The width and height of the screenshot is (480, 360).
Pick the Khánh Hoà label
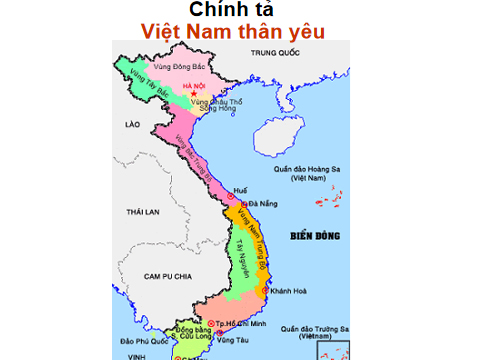293,290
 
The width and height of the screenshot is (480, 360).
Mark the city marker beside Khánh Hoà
265,290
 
